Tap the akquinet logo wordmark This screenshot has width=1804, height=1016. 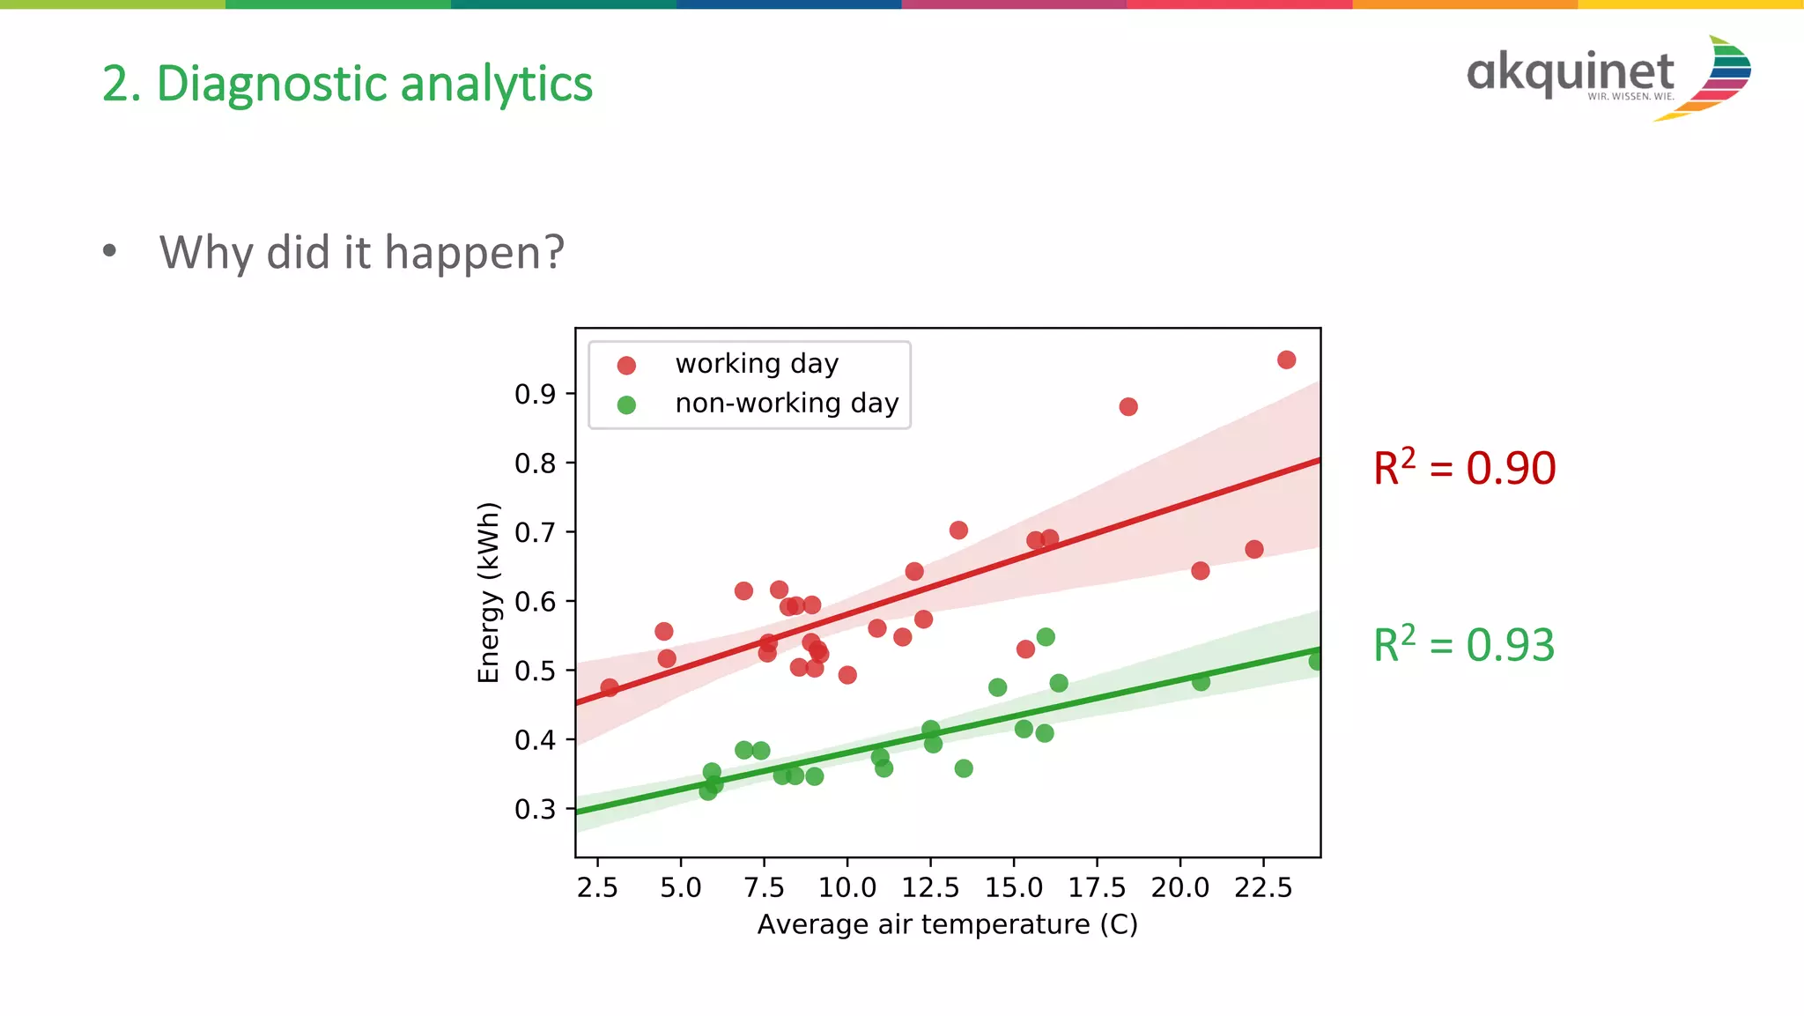coord(1570,72)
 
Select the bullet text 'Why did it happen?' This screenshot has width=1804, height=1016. coord(361,253)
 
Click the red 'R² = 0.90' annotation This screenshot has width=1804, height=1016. coord(1464,468)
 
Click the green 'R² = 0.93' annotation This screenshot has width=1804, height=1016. coord(1464,645)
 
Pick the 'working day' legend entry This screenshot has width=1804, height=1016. coord(756,364)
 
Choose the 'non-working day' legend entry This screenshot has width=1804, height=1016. coord(786,404)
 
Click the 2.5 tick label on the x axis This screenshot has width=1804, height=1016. coord(597,887)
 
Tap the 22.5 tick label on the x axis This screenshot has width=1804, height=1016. coord(1262,887)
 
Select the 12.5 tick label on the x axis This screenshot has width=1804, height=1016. coord(930,887)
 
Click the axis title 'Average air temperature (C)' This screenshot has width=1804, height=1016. coord(947,924)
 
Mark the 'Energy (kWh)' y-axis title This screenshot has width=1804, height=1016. coord(488,592)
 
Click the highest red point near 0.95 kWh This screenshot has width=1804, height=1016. coord(1286,360)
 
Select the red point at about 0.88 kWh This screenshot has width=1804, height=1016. coord(1128,406)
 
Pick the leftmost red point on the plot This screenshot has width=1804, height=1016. coord(609,687)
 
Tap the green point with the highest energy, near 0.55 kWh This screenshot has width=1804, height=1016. coord(1046,637)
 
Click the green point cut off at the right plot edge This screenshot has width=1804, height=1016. coord(1315,661)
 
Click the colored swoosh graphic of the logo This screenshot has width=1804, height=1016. coord(1718,78)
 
